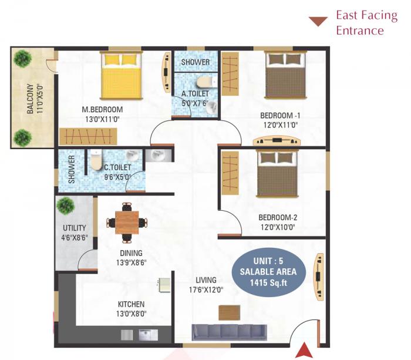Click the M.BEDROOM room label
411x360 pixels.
pyautogui.click(x=102, y=110)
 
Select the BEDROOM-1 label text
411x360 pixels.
pyautogui.click(x=280, y=115)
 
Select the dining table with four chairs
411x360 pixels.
pyautogui.click(x=126, y=222)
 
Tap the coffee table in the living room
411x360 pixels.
pyautogui.click(x=230, y=312)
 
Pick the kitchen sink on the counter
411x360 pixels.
pyautogui.click(x=145, y=335)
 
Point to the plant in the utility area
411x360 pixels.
pyautogui.click(x=66, y=206)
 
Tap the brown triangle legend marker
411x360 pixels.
pyautogui.click(x=318, y=22)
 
